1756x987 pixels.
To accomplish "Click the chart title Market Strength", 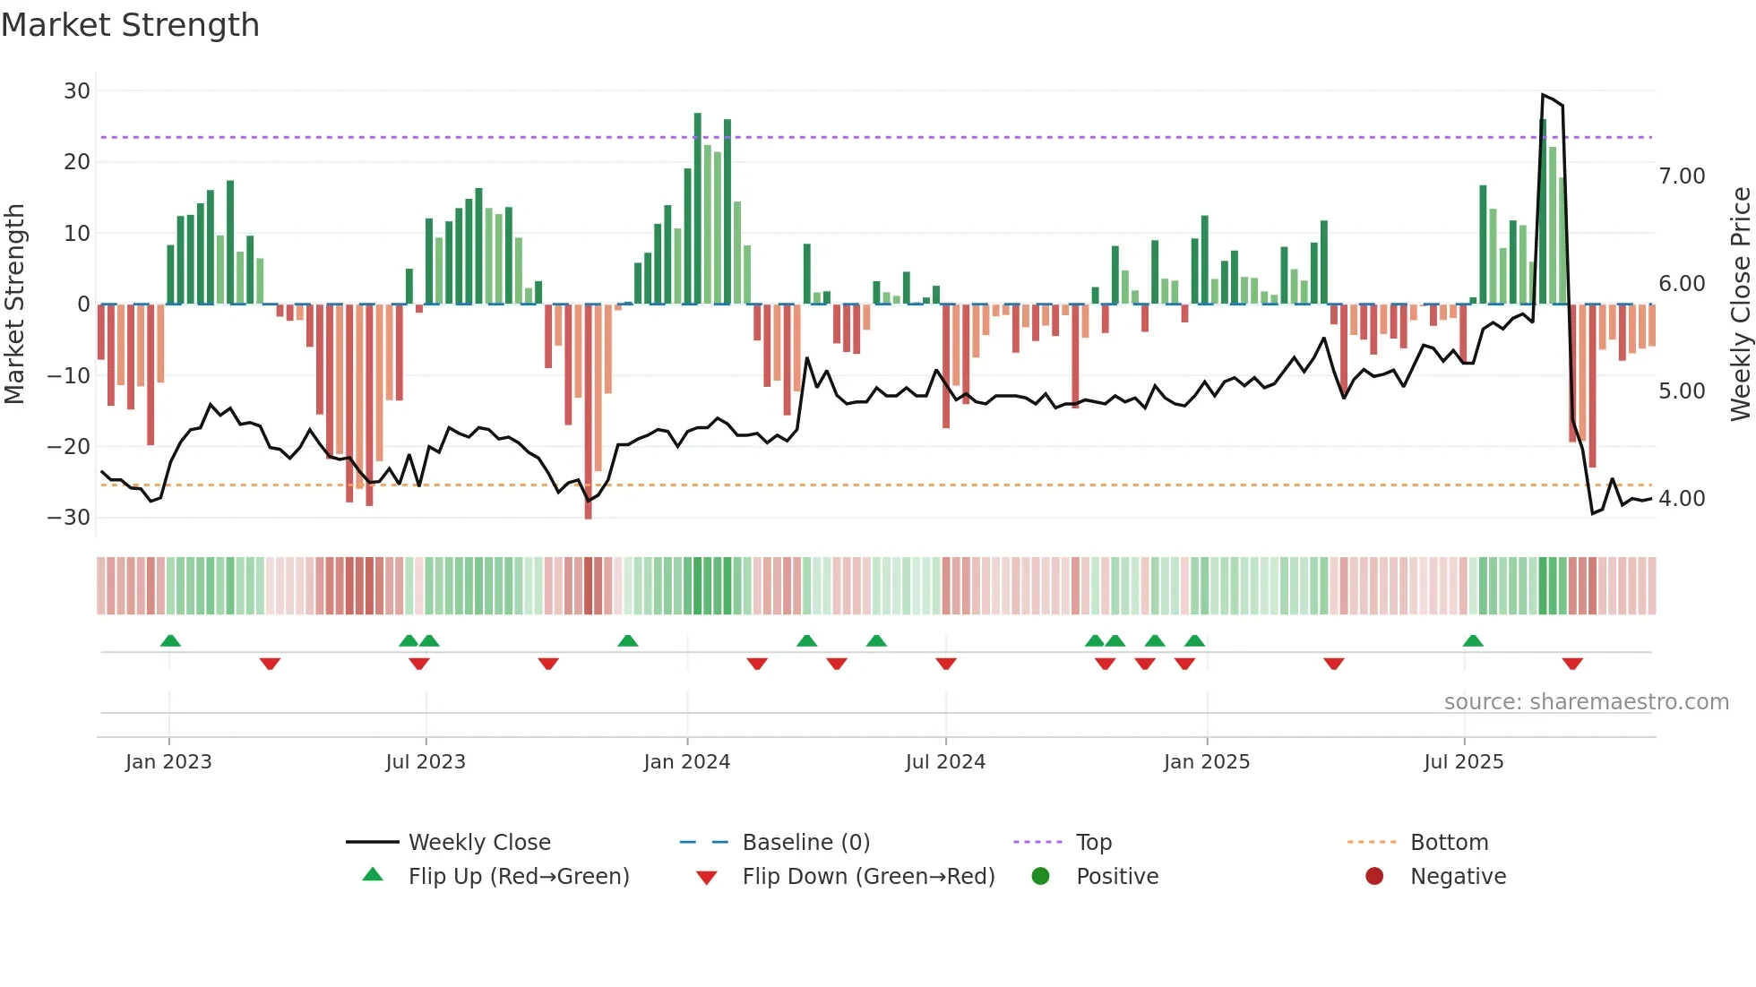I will click(130, 25).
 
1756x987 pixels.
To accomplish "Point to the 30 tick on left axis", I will click(77, 91).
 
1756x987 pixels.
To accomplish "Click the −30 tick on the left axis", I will click(69, 518).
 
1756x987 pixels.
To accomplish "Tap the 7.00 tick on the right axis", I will click(1682, 176).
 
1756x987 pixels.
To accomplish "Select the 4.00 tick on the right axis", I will click(1682, 499).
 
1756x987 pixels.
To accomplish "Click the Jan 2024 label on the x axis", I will click(686, 762).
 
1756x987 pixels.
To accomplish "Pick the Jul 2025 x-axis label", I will click(1463, 762).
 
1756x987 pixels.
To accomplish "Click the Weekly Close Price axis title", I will click(1740, 304).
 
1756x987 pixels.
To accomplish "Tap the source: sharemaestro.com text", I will click(1586, 702).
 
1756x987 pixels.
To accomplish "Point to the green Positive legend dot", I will click(1040, 877).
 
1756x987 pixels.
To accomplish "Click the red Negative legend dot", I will click(1374, 877).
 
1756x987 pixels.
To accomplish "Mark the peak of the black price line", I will click(1543, 95).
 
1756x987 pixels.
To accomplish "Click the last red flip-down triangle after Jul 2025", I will click(1572, 664).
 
